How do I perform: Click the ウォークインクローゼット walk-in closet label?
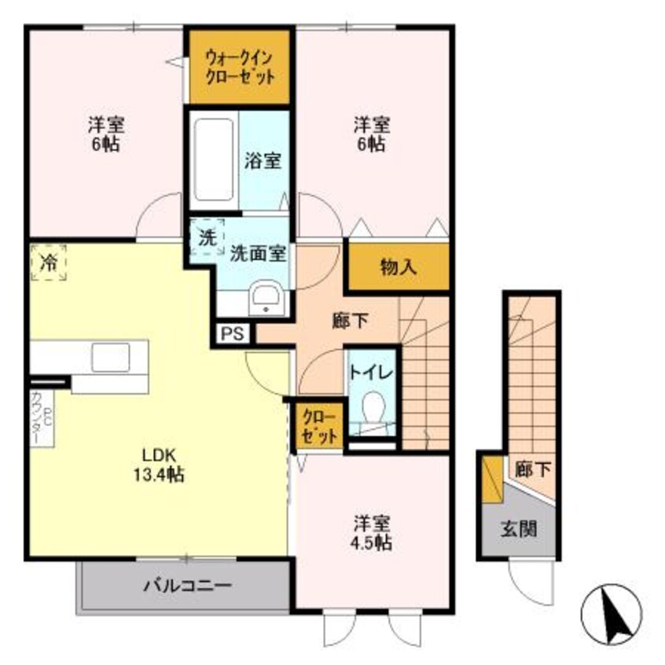tap(240, 68)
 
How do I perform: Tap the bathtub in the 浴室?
tap(214, 160)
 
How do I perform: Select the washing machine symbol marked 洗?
tap(207, 237)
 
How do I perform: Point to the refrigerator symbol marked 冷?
tap(49, 263)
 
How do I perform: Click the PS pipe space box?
tap(233, 333)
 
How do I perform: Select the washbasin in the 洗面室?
tap(266, 299)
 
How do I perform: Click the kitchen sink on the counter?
tap(111, 357)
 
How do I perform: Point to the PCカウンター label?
tap(42, 417)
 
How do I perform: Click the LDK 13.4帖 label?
tap(159, 465)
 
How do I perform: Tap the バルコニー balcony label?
tap(187, 586)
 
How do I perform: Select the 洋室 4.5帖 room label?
tap(372, 533)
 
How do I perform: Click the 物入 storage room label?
tap(399, 267)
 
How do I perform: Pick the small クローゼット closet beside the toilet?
tap(319, 426)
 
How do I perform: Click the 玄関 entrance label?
tap(519, 529)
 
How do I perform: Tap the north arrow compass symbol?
tap(611, 614)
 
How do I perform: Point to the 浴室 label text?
tap(263, 160)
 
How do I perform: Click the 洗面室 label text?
tap(258, 253)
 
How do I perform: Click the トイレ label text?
tap(372, 372)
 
